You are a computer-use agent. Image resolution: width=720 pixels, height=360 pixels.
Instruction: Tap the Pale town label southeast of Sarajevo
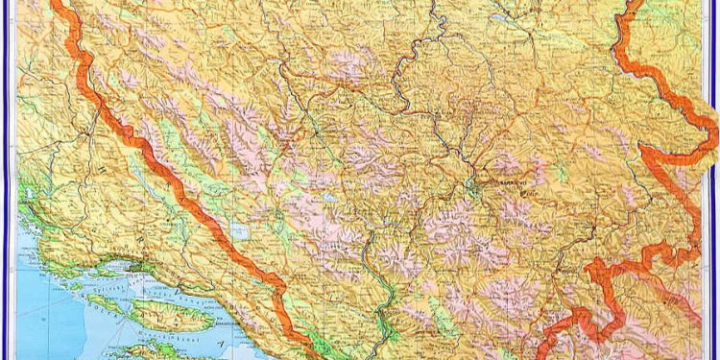click(x=527, y=191)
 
